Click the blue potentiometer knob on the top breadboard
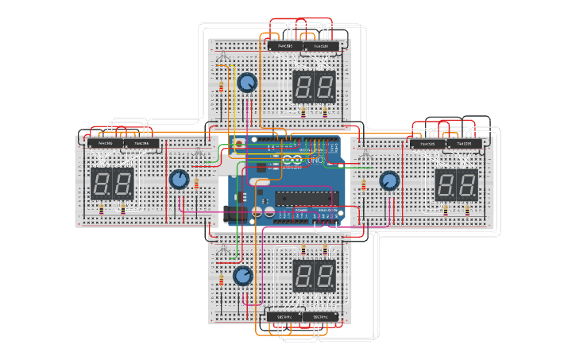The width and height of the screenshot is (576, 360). coord(247,83)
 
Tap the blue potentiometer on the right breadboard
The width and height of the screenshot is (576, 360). coord(389,181)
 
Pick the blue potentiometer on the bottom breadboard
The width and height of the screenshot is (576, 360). coord(242,276)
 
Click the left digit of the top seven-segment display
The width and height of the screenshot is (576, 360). coord(303,86)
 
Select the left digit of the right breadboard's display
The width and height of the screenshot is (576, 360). coord(446,184)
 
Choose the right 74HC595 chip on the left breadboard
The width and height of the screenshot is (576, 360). coord(141,144)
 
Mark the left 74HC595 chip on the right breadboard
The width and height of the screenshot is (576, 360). coord(427,145)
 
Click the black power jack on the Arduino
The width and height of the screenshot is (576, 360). coord(236,214)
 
